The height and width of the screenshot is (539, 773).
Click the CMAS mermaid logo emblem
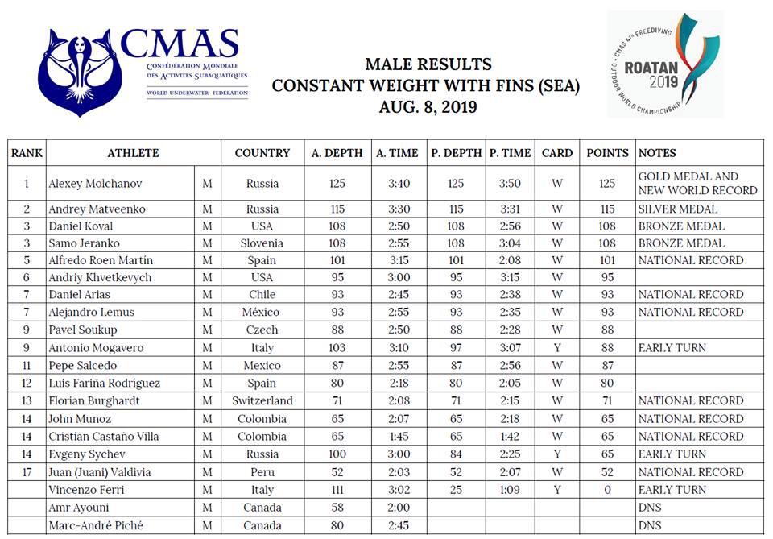click(x=78, y=71)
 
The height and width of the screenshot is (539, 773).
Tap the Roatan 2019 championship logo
click(x=665, y=65)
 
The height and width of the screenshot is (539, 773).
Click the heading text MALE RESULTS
click(x=428, y=64)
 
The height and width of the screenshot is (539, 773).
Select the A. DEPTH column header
click(x=337, y=153)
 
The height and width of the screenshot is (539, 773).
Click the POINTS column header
click(x=607, y=153)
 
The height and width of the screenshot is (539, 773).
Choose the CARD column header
click(x=557, y=153)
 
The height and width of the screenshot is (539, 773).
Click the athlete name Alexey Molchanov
click(x=96, y=184)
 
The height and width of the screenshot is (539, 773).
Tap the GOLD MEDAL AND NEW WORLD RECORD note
click(x=697, y=184)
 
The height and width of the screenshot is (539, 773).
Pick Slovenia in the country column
click(x=262, y=243)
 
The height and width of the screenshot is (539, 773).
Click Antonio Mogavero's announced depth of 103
click(x=337, y=348)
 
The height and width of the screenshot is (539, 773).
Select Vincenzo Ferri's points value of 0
click(x=607, y=490)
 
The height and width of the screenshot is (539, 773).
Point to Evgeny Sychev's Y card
click(x=557, y=454)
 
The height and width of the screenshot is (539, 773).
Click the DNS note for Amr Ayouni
click(x=649, y=508)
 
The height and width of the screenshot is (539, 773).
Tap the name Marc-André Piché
click(x=93, y=525)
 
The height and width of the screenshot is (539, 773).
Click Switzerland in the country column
click(x=262, y=400)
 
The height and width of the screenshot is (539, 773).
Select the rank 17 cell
click(x=27, y=472)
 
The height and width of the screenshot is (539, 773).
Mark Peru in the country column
click(x=262, y=472)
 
